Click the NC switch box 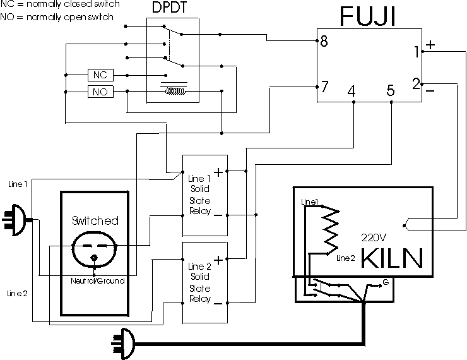tap(101, 75)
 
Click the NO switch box tap(101, 92)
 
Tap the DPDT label tap(170, 7)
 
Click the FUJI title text tap(368, 16)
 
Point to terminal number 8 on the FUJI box tap(324, 41)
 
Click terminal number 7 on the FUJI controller tap(324, 87)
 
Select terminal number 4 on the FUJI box tap(352, 91)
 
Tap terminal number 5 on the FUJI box tap(391, 90)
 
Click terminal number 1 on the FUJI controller tap(417, 52)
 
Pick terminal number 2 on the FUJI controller tap(416, 84)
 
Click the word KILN tap(392, 258)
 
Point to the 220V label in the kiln tap(374, 237)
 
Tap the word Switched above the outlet tap(95, 221)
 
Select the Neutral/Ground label tap(98, 281)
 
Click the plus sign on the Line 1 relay tap(218, 172)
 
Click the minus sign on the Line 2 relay tap(218, 304)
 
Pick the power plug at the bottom tap(123, 344)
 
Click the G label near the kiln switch tap(386, 282)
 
